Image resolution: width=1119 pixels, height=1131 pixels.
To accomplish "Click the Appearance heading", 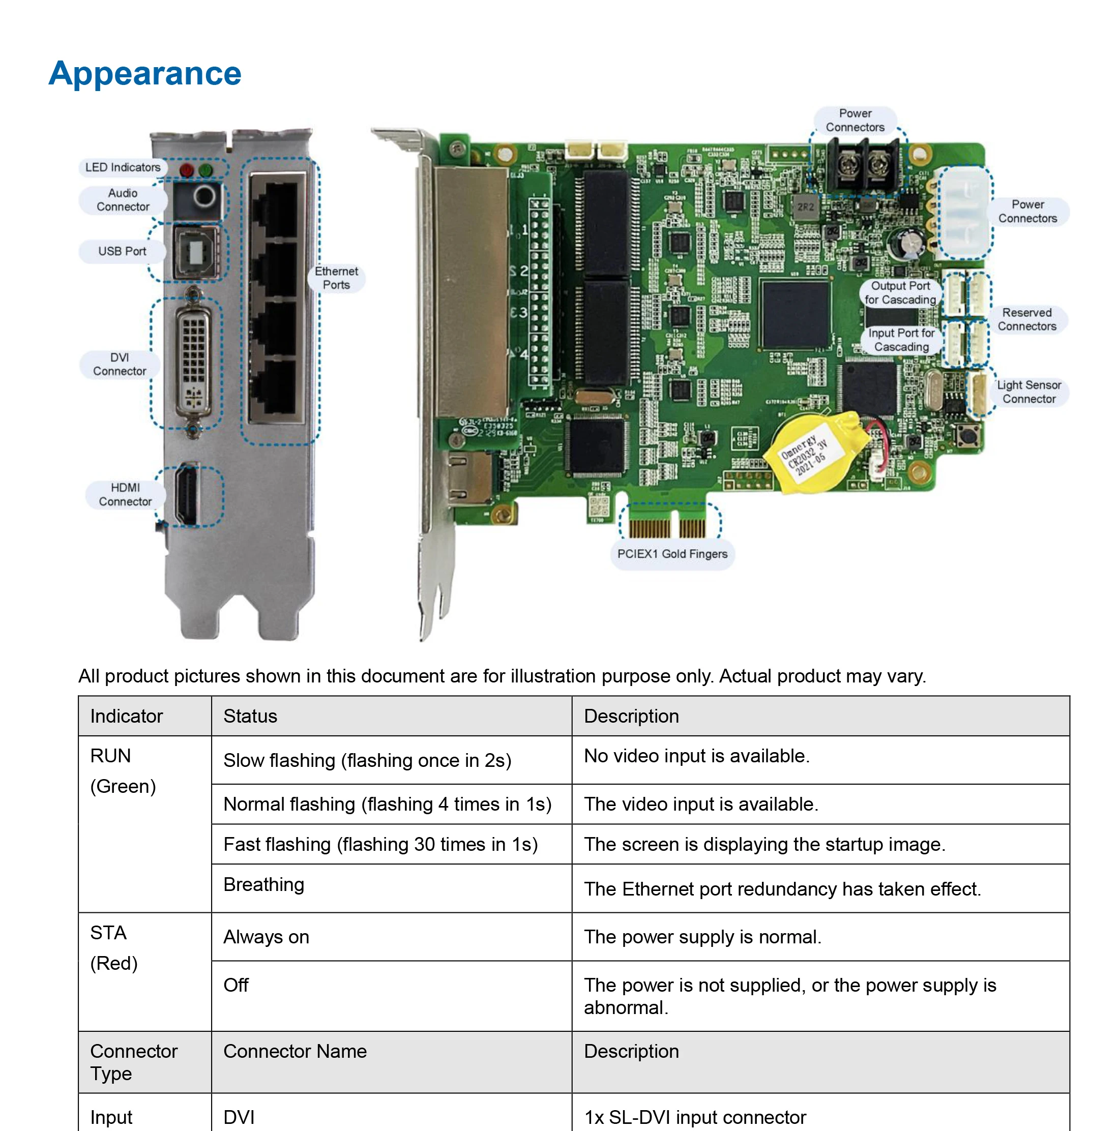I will tap(144, 74).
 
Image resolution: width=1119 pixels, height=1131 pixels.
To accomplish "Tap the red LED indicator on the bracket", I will tap(187, 170).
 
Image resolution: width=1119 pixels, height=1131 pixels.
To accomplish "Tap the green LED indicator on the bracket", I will tap(205, 170).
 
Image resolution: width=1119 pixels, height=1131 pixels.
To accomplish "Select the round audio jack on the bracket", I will tap(204, 196).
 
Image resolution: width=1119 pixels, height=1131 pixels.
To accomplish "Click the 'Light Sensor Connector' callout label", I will tap(1028, 392).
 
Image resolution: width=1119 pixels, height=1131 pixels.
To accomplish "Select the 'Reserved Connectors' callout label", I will tap(1026, 320).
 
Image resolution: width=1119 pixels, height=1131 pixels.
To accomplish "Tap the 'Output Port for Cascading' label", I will tap(900, 293).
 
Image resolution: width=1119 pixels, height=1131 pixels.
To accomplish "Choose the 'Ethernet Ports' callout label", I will tap(336, 278).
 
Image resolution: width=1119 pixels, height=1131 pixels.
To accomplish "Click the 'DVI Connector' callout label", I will tap(120, 364).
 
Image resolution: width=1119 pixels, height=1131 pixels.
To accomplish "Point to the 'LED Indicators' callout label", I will tap(123, 167).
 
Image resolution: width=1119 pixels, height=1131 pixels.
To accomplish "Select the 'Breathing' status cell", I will tap(263, 884).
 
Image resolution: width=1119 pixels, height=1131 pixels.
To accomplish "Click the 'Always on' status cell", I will tap(266, 937).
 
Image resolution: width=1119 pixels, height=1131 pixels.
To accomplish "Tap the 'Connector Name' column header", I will tap(295, 1051).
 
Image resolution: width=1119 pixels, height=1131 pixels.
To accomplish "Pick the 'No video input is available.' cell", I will tap(696, 756).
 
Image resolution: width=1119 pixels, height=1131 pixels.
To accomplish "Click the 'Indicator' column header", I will tap(127, 716).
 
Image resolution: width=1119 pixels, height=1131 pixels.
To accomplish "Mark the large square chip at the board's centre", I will tap(795, 315).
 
